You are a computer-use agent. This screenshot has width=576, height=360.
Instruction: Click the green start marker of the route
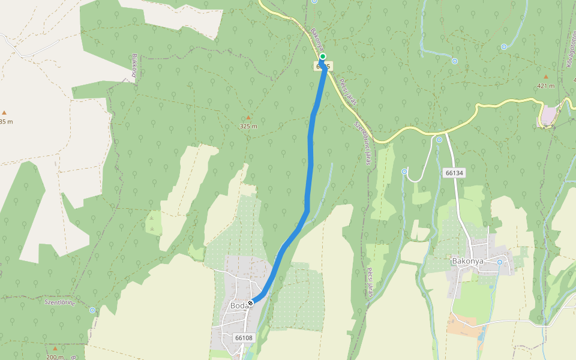tap(323, 56)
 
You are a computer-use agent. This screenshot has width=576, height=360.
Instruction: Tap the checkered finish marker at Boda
tap(250, 303)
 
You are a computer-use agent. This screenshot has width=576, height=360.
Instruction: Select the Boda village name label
tap(238, 306)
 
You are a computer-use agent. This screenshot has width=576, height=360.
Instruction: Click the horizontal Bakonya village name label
tap(467, 262)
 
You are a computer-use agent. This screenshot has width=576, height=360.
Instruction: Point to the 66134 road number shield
tap(455, 173)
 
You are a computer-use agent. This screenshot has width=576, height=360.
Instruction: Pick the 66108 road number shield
tap(244, 338)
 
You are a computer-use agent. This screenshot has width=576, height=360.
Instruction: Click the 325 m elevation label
tap(248, 127)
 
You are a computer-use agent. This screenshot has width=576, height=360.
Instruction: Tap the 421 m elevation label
tap(546, 86)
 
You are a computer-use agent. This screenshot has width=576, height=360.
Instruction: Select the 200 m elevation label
tap(55, 357)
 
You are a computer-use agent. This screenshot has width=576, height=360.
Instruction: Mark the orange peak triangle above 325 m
tap(248, 118)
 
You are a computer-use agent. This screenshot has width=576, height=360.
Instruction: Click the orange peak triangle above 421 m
tap(545, 77)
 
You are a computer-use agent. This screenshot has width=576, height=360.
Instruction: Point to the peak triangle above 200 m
tap(55, 349)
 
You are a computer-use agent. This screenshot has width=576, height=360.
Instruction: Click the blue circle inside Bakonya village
tap(500, 262)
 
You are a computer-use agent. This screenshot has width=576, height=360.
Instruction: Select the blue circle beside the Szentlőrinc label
tap(92, 310)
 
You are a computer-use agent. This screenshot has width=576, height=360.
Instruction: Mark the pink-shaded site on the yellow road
tap(547, 115)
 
